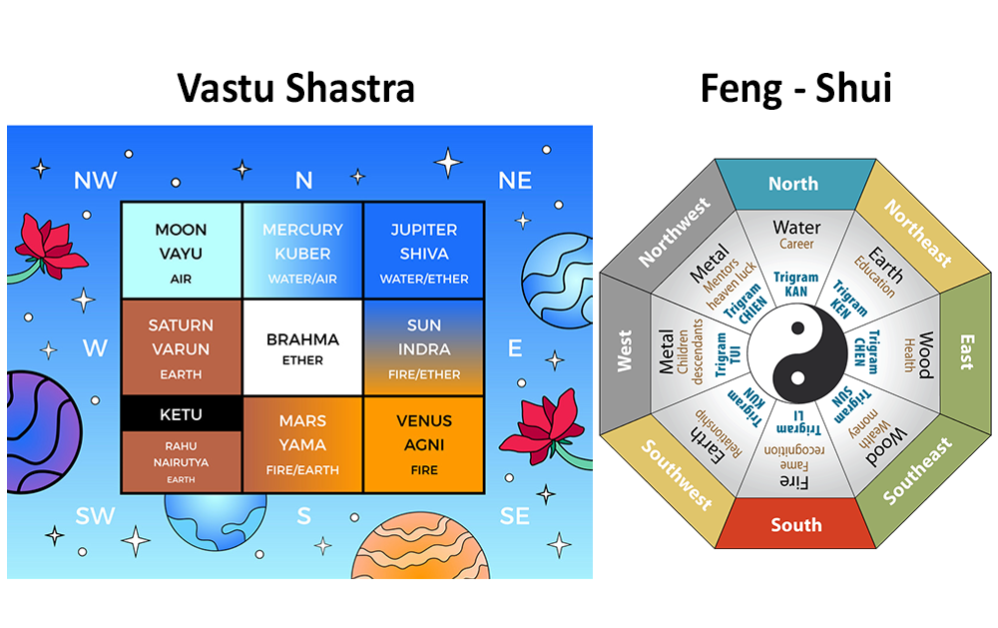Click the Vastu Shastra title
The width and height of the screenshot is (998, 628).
coord(295,88)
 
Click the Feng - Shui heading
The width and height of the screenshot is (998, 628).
coord(795,88)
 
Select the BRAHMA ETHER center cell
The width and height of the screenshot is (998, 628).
coord(302,348)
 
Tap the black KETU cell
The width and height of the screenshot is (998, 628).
coord(181,413)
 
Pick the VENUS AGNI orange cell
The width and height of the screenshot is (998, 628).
coord(423,444)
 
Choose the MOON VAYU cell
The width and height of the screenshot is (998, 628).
coord(181,253)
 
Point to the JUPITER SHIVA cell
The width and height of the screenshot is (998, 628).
coord(423,253)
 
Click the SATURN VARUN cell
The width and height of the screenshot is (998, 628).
coord(181,347)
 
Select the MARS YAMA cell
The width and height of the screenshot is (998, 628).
coord(302,444)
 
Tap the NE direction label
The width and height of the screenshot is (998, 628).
coord(514,180)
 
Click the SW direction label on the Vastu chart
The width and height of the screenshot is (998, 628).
coord(96,515)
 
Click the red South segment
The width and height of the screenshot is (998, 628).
coord(796,524)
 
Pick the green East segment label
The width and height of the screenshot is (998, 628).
coord(965,352)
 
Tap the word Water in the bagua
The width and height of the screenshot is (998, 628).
coord(796,228)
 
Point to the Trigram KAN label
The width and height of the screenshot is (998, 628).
coord(796,283)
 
